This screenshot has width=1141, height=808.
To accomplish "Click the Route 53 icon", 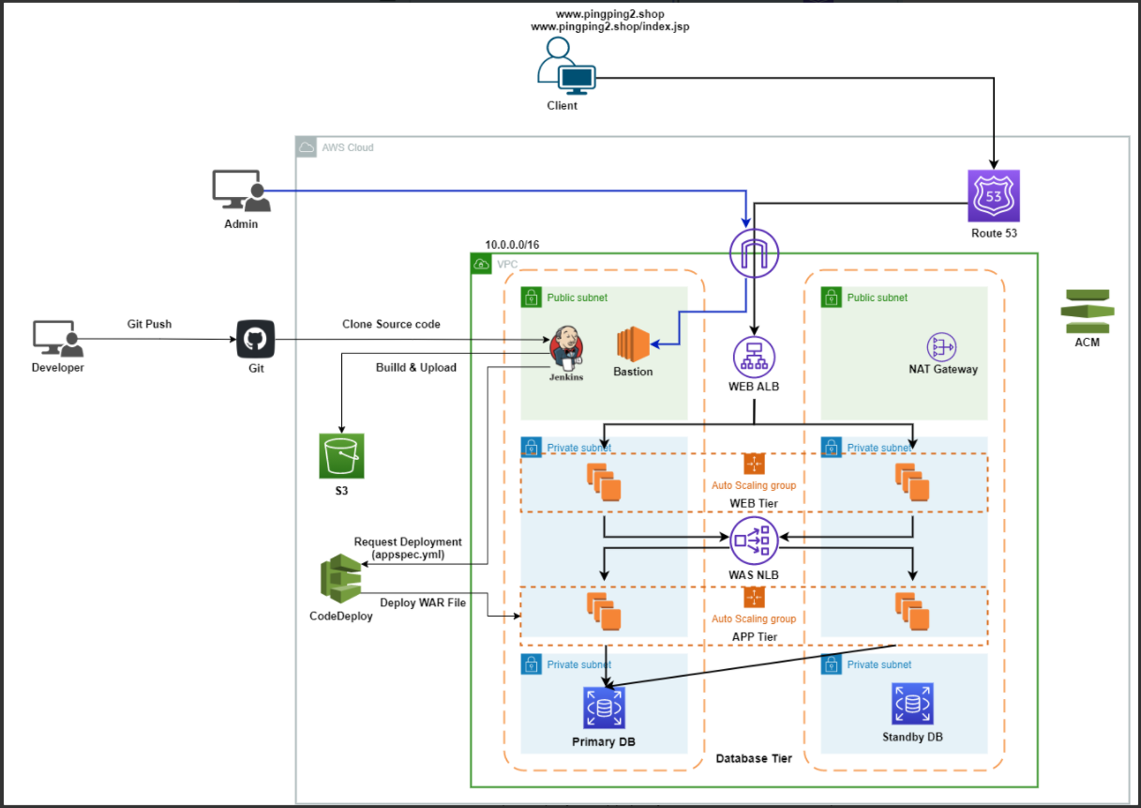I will click(x=993, y=195).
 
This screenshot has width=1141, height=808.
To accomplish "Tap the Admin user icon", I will click(x=241, y=191).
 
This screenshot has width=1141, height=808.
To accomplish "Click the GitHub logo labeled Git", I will click(x=256, y=339).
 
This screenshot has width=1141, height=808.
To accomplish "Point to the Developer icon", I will click(x=58, y=340).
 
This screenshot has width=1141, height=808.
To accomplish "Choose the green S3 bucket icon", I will click(x=340, y=456).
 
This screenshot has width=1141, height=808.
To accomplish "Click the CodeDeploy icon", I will click(x=340, y=580).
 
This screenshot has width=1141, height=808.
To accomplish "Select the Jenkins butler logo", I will click(x=566, y=347).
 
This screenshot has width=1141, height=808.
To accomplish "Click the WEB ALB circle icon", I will click(x=755, y=358).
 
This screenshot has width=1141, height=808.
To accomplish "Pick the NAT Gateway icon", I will click(x=941, y=346).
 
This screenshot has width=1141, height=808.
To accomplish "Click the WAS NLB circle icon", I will click(x=754, y=540).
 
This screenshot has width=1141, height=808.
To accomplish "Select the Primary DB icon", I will click(x=604, y=708).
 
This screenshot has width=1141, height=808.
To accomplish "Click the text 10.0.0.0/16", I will click(x=512, y=244).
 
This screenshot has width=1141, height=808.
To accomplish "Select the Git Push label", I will click(x=149, y=324).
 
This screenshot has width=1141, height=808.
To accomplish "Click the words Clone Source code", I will click(x=391, y=324).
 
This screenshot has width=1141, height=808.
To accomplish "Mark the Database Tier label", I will click(x=754, y=758).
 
